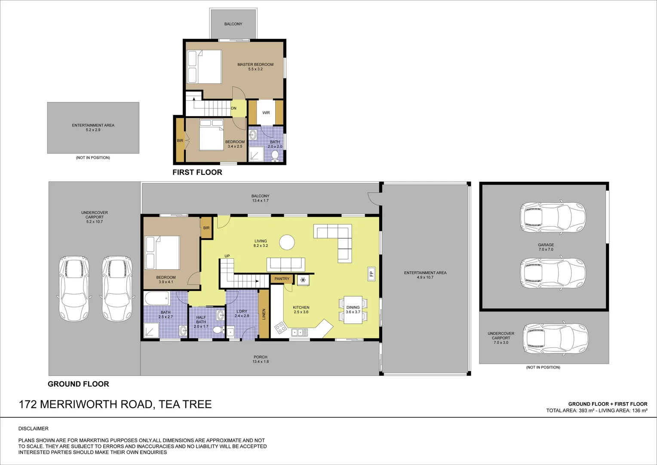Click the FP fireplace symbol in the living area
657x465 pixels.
coord(371,274)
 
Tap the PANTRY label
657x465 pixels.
coord(282,279)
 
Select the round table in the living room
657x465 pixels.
coord(287,243)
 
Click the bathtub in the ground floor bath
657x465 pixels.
coord(157,298)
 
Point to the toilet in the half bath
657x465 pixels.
coord(218,330)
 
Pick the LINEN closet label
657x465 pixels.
coord(264,314)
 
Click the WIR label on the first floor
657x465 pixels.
coord(266,113)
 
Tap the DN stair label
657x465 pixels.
coord(233,108)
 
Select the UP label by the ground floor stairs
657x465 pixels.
coord(227,256)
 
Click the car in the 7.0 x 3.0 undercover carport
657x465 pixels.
coord(556,338)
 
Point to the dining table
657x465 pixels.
coord(353,310)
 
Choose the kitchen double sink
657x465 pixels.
coord(299,332)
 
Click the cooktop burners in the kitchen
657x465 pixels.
coord(280,328)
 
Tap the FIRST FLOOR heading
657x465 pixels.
coord(197,172)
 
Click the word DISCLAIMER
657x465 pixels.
coord(34,428)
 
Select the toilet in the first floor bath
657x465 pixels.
coord(275,156)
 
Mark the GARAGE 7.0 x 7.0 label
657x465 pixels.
coord(546,247)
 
